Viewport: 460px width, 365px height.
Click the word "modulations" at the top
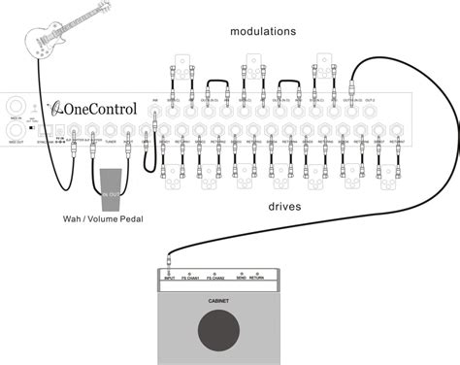(x=263, y=32)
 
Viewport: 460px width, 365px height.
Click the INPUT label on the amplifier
(x=170, y=277)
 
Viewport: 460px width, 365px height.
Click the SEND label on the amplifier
(x=239, y=277)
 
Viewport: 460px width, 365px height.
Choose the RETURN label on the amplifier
(x=256, y=277)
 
